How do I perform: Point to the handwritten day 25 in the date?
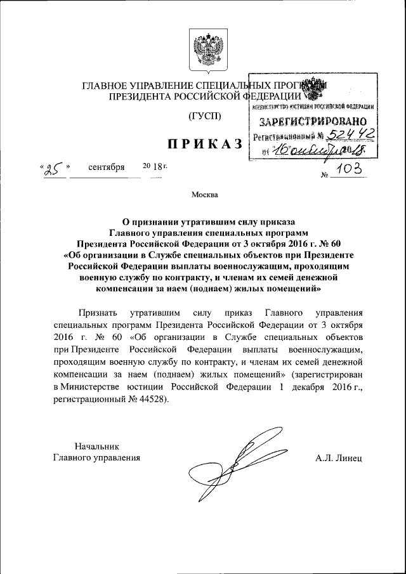(x=53, y=169)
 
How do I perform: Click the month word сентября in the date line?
(x=107, y=170)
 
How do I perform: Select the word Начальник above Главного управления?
(x=96, y=446)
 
